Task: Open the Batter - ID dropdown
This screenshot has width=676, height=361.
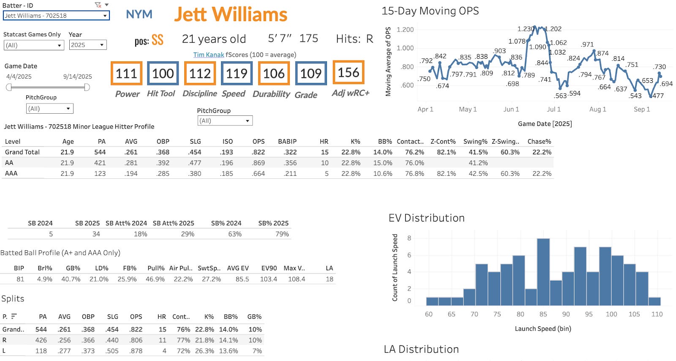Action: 56,15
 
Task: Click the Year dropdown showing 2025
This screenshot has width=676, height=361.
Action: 87,45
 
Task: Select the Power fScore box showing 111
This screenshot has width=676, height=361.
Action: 126,73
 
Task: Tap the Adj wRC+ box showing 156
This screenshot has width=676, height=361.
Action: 349,72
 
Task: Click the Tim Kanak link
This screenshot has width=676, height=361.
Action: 209,55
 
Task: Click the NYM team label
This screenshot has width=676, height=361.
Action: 139,14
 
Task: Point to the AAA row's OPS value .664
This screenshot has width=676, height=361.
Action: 258,174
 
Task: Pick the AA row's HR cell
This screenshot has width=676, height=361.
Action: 325,163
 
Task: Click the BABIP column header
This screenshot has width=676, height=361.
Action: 287,142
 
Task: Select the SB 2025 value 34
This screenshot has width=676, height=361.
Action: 96,234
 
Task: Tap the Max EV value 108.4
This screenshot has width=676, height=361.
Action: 296,279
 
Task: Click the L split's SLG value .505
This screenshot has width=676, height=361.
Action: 112,351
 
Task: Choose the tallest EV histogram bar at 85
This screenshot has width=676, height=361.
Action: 543,272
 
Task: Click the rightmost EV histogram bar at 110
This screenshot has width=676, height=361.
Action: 654,301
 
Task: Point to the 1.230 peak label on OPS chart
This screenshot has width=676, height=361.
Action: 526,29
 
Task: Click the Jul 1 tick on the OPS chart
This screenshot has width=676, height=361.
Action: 553,109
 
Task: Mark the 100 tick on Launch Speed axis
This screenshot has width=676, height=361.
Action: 611,314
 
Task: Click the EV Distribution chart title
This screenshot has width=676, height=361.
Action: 426,218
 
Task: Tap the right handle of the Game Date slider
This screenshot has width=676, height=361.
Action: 87,87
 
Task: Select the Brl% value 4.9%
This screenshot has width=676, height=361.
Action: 45,279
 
